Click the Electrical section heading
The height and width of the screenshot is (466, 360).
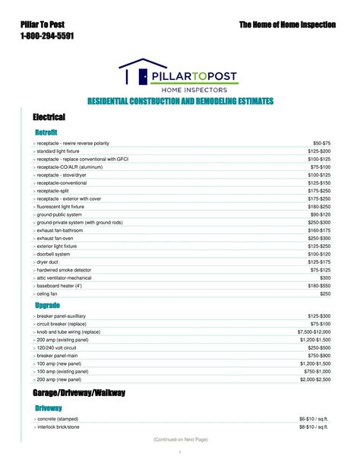[x=49, y=117]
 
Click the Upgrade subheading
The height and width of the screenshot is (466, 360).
[x=48, y=305]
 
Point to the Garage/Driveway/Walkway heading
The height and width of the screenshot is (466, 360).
[x=79, y=393]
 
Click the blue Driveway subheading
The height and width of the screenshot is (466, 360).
[x=49, y=408]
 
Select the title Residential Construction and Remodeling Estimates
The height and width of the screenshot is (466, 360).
[x=180, y=102]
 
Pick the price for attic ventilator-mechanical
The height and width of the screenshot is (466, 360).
[x=324, y=277]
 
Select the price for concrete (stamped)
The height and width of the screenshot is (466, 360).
[x=314, y=419]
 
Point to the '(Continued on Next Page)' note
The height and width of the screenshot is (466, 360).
[x=180, y=439]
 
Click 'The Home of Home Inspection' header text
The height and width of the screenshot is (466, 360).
[x=287, y=25]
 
